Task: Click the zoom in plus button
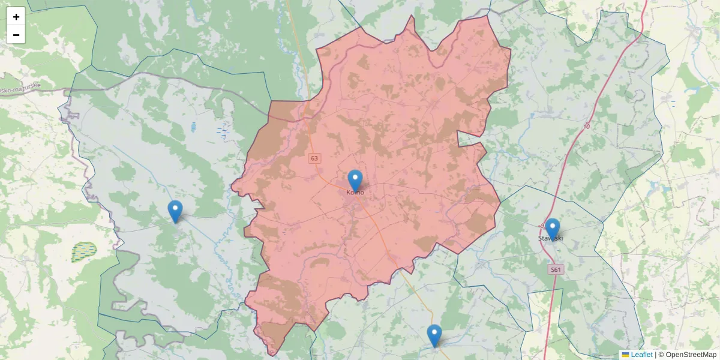pos(16,17)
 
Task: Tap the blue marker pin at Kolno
pos(355,180)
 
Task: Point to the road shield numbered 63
pos(315,158)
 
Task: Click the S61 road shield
pos(556,270)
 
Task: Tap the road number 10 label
pos(586,127)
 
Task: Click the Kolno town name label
pos(355,193)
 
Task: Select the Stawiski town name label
pos(551,239)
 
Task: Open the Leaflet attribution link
pos(641,355)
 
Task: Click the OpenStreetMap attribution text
pos(691,355)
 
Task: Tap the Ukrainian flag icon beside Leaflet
pos(625,355)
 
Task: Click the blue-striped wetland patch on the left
pos(84,251)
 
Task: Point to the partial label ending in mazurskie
pos(21,88)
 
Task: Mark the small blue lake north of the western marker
pos(193,127)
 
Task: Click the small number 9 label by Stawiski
pos(542,226)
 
